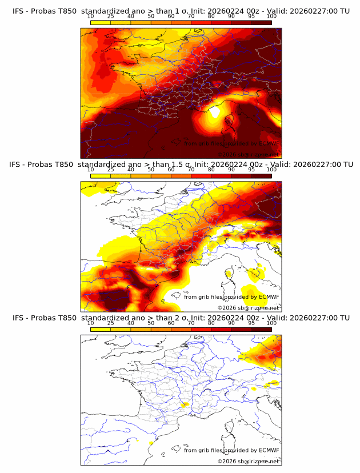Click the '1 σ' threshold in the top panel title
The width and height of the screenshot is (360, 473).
pyautogui.click(x=174, y=11)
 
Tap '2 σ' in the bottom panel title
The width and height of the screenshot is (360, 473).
pyautogui.click(x=174, y=318)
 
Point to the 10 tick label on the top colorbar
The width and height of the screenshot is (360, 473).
pyautogui.click(x=90, y=16)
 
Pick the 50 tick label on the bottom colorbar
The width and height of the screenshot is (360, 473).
pyautogui.click(x=150, y=323)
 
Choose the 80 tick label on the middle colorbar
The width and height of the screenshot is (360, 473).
pyautogui.click(x=211, y=170)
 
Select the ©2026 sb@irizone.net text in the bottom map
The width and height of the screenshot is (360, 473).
pyautogui.click(x=248, y=461)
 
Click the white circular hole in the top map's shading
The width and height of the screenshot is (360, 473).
pyautogui.click(x=215, y=112)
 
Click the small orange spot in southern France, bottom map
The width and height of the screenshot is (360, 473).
pyautogui.click(x=183, y=405)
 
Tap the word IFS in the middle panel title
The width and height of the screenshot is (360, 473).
pyautogui.click(x=18, y=165)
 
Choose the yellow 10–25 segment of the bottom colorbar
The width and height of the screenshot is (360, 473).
pyautogui.click(x=101, y=329)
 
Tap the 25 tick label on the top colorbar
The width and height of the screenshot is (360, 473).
pyautogui.click(x=110, y=16)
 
